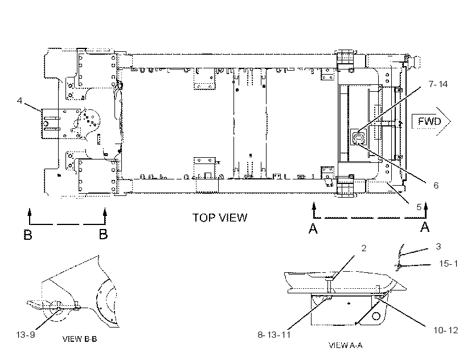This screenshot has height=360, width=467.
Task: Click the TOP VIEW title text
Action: pyautogui.click(x=220, y=218)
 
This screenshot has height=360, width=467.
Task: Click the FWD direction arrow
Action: pyautogui.click(x=431, y=121)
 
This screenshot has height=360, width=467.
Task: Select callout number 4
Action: pyautogui.click(x=19, y=101)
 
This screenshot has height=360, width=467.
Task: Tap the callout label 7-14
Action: pyautogui.click(x=438, y=84)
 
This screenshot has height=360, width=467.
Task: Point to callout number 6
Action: pyautogui.click(x=436, y=186)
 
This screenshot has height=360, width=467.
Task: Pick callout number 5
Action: pyautogui.click(x=419, y=207)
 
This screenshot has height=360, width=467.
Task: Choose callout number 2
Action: pyautogui.click(x=364, y=248)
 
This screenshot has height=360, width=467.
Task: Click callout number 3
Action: pyautogui.click(x=438, y=246)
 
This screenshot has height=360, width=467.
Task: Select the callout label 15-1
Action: pyautogui.click(x=449, y=264)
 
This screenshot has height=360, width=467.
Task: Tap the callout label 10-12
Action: pyautogui.click(x=445, y=330)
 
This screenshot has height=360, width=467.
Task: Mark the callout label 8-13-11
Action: pyautogui.click(x=274, y=335)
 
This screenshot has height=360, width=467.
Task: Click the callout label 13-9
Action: pyautogui.click(x=25, y=335)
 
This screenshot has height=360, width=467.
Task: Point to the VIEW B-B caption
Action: pyautogui.click(x=80, y=339)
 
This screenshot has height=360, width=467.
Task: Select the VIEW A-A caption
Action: pyautogui.click(x=346, y=345)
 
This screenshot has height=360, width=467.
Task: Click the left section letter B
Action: pyautogui.click(x=28, y=234)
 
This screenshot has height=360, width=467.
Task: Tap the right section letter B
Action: pyautogui.click(x=103, y=234)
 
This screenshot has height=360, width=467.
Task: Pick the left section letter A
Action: pyautogui.click(x=313, y=228)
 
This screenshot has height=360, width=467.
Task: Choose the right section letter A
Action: pyautogui.click(x=425, y=227)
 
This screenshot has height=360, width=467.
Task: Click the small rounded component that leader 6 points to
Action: pyautogui.click(x=358, y=138)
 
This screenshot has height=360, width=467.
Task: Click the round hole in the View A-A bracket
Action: pyautogui.click(x=376, y=316)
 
